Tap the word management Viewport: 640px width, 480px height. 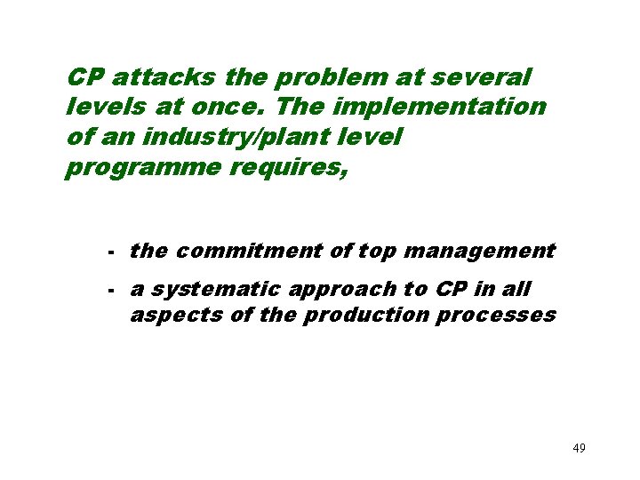pyautogui.click(x=479, y=252)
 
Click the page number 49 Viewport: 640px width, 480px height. pyautogui.click(x=579, y=447)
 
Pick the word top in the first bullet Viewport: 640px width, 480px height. pyautogui.click(x=377, y=252)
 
